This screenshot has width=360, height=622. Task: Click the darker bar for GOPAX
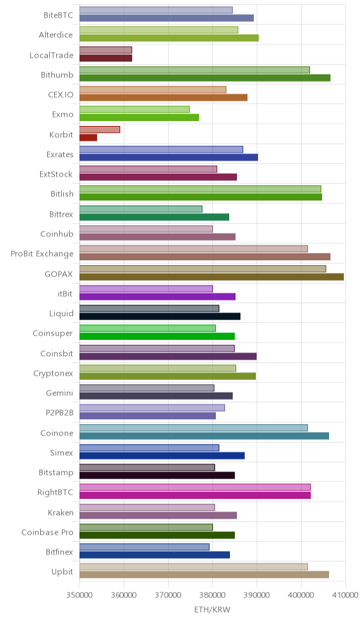pyautogui.click(x=212, y=277)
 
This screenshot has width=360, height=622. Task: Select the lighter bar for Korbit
pyautogui.click(x=100, y=129)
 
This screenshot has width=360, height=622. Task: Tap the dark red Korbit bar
pyautogui.click(x=88, y=138)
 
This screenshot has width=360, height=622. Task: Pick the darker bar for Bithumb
pyautogui.click(x=205, y=77)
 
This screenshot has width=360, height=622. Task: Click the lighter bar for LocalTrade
pyautogui.click(x=106, y=50)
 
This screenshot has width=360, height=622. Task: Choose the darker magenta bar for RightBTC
pyautogui.click(x=195, y=495)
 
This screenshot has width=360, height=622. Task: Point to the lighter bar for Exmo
pyautogui.click(x=134, y=110)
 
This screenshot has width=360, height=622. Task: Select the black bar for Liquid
pyautogui.click(x=160, y=316)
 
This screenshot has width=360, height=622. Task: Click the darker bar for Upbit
pyautogui.click(x=204, y=575)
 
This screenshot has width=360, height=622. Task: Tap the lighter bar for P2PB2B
pyautogui.click(x=153, y=408)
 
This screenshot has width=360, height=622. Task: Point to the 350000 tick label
pyautogui.click(x=79, y=595)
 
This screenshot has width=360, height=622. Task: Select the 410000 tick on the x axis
pyautogui.click(x=345, y=595)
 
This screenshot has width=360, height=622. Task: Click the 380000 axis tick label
pyautogui.click(x=212, y=595)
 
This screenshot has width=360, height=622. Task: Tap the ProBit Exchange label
pyautogui.click(x=42, y=254)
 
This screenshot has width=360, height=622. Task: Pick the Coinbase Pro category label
pyautogui.click(x=48, y=533)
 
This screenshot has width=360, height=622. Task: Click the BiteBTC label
pyautogui.click(x=58, y=15)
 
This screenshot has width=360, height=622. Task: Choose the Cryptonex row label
pyautogui.click(x=53, y=374)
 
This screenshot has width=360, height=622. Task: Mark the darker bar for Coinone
pyautogui.click(x=204, y=436)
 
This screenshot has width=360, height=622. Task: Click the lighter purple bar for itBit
pyautogui.click(x=146, y=288)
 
